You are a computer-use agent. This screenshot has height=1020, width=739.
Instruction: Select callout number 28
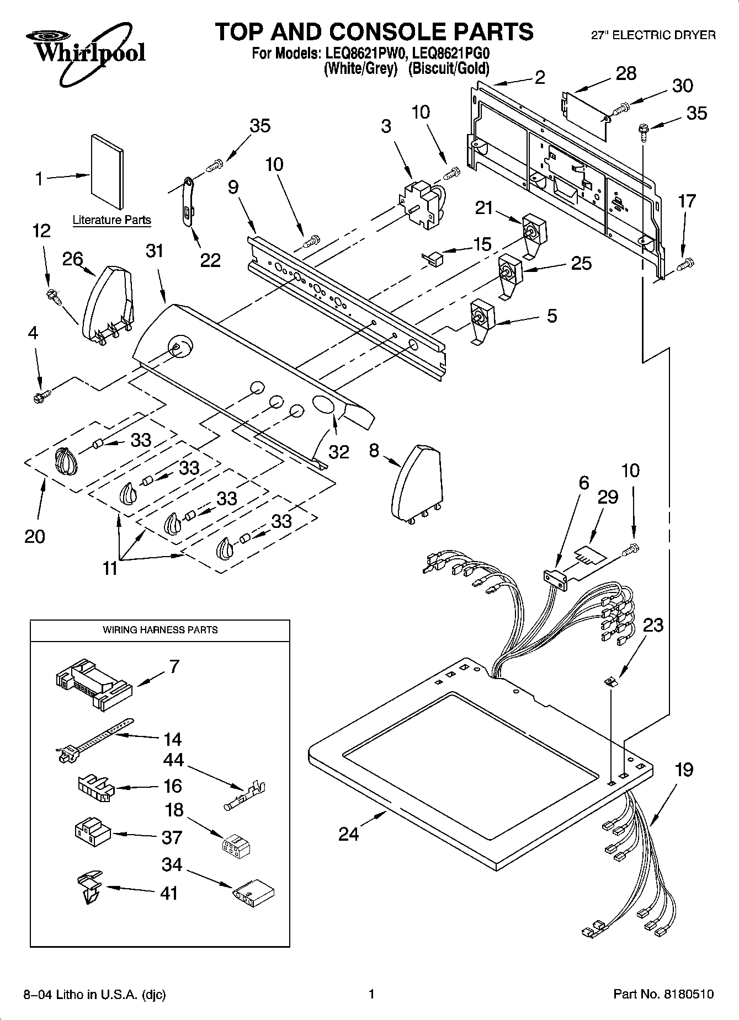click(x=626, y=73)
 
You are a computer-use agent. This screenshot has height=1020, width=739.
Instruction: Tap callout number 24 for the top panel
click(x=349, y=834)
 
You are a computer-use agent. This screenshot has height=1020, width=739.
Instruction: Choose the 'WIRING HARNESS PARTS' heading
click(x=160, y=629)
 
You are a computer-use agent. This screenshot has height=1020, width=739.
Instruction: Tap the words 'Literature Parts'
click(x=111, y=220)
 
